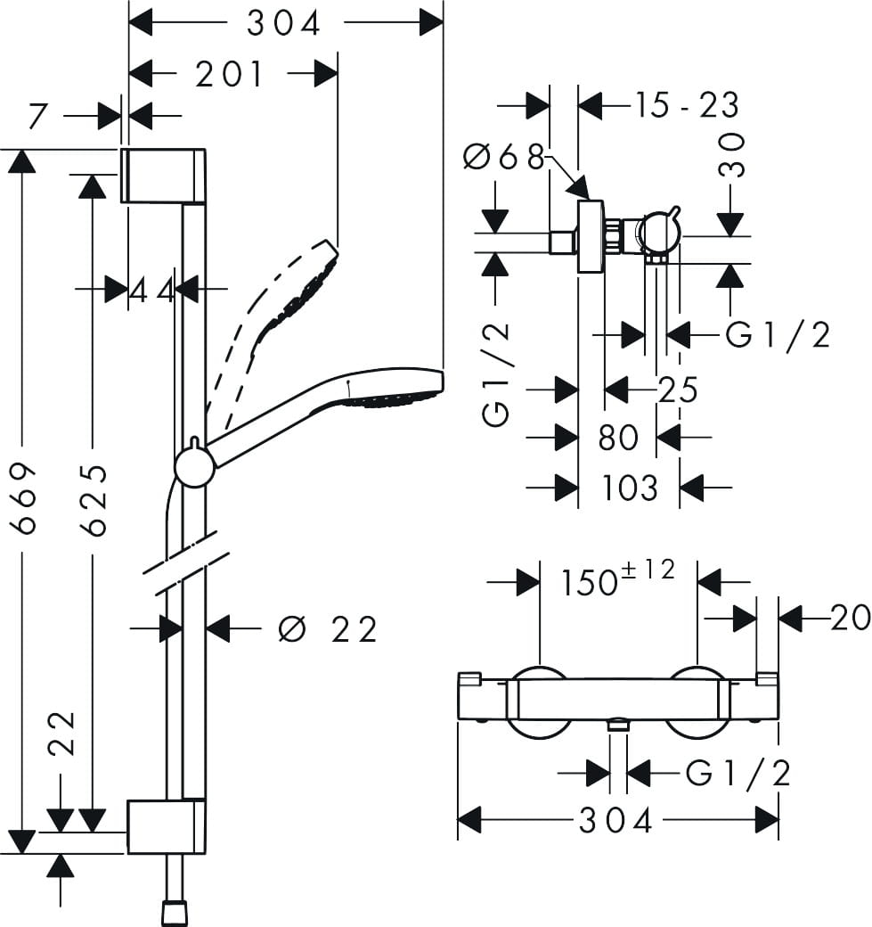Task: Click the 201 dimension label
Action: (231, 75)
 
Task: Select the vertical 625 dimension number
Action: (93, 499)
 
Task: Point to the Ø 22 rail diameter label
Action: (328, 629)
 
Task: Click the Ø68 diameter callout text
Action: (503, 158)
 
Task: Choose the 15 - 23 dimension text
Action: (687, 105)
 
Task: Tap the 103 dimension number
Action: (630, 488)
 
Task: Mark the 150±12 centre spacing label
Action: (618, 580)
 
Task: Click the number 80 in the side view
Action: (618, 438)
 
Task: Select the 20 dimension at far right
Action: (850, 617)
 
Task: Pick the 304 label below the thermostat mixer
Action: (616, 820)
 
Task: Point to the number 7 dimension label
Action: (37, 116)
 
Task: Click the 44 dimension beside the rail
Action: (152, 289)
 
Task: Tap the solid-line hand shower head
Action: (392, 390)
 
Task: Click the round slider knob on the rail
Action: (194, 467)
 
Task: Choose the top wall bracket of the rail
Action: (164, 176)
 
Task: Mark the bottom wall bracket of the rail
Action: (167, 826)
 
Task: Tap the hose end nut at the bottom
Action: (174, 912)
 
